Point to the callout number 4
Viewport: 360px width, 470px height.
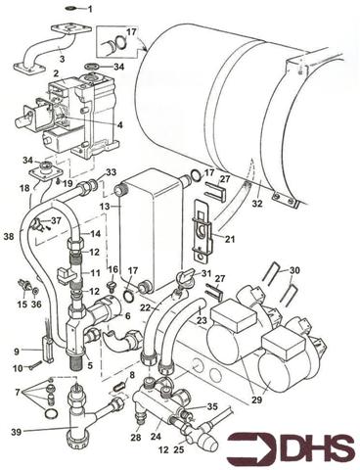[x=120, y=124]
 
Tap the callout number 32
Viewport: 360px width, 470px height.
[x=257, y=205]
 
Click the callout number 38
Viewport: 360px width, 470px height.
[x=9, y=236]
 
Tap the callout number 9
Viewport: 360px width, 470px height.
[x=17, y=351]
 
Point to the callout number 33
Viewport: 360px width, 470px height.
[x=112, y=172]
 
